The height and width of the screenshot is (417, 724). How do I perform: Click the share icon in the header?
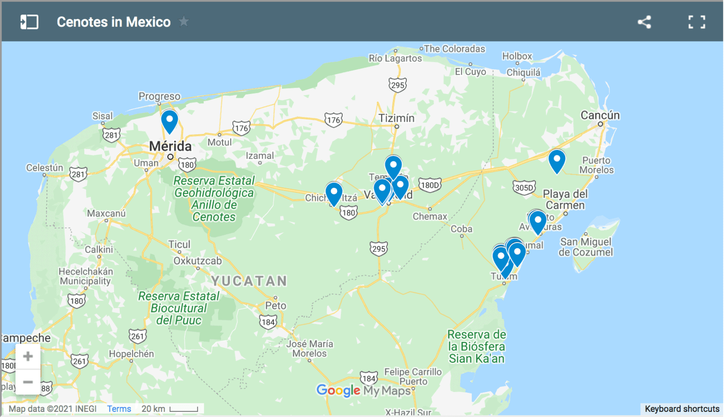click(x=644, y=22)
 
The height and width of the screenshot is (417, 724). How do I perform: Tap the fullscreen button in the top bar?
click(x=696, y=22)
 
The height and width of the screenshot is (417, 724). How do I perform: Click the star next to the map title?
click(x=184, y=22)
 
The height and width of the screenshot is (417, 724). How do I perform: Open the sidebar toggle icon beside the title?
click(x=29, y=22)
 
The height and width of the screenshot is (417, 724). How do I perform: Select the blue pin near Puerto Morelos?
click(x=557, y=160)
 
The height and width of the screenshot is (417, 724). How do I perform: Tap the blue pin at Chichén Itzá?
click(x=334, y=192)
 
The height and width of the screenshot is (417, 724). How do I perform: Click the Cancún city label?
click(x=600, y=116)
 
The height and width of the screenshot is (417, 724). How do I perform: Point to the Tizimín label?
click(x=396, y=118)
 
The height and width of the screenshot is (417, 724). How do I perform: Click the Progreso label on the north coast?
click(x=159, y=96)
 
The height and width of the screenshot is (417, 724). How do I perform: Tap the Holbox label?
click(x=517, y=56)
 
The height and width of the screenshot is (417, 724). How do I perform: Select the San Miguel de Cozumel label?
click(x=585, y=247)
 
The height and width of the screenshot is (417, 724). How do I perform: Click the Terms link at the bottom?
click(x=119, y=409)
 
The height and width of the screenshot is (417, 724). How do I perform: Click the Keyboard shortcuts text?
click(x=682, y=409)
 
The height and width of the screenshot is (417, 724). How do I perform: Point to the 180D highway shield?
click(x=429, y=185)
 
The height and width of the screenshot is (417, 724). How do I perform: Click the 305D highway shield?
click(x=524, y=187)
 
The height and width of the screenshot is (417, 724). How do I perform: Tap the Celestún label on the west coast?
click(x=44, y=168)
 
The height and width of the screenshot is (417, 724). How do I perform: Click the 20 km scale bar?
click(x=183, y=409)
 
